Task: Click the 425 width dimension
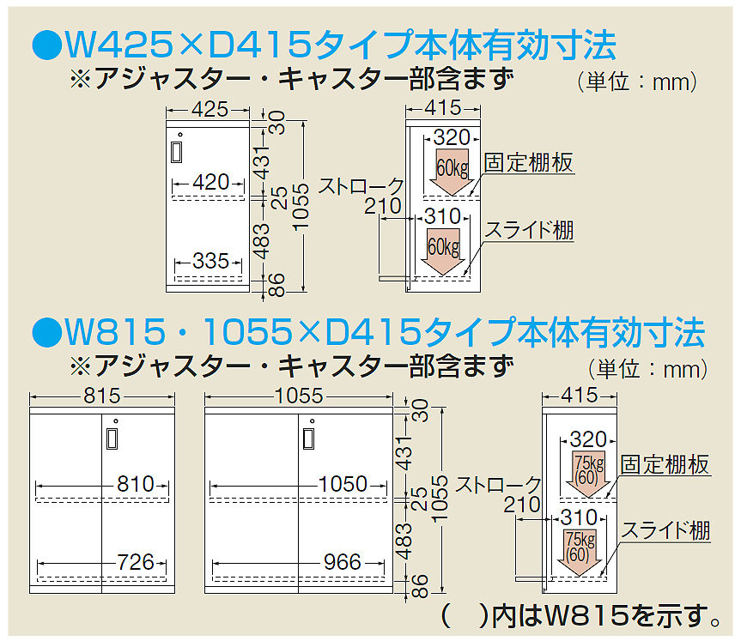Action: (210, 109)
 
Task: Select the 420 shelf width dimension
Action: (210, 182)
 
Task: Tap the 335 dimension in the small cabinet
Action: (210, 261)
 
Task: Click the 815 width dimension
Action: (102, 396)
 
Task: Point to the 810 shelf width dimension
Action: (136, 484)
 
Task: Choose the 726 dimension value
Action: (136, 562)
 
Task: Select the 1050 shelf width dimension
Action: (343, 484)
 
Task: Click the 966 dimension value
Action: (343, 562)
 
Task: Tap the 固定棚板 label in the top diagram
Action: (529, 163)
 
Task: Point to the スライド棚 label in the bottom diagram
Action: (665, 530)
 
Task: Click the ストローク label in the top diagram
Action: (361, 185)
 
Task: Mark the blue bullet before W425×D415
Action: (44, 42)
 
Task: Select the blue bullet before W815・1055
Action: (44, 330)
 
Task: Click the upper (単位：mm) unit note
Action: (636, 82)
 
